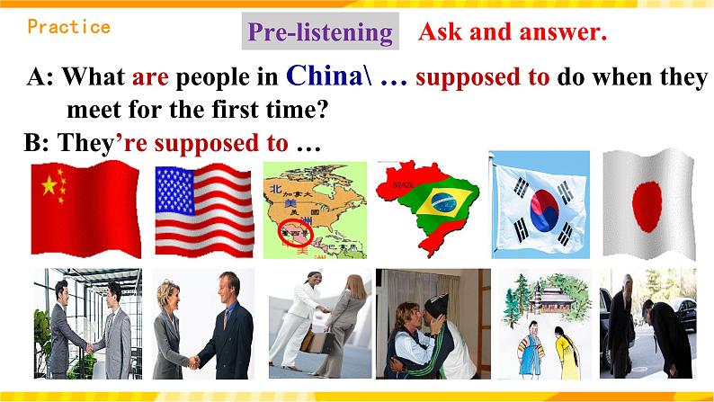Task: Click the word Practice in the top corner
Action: [x=68, y=26]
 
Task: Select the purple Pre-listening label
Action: [x=320, y=33]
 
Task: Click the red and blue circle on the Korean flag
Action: [x=540, y=209]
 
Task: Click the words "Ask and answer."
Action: [x=513, y=33]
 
